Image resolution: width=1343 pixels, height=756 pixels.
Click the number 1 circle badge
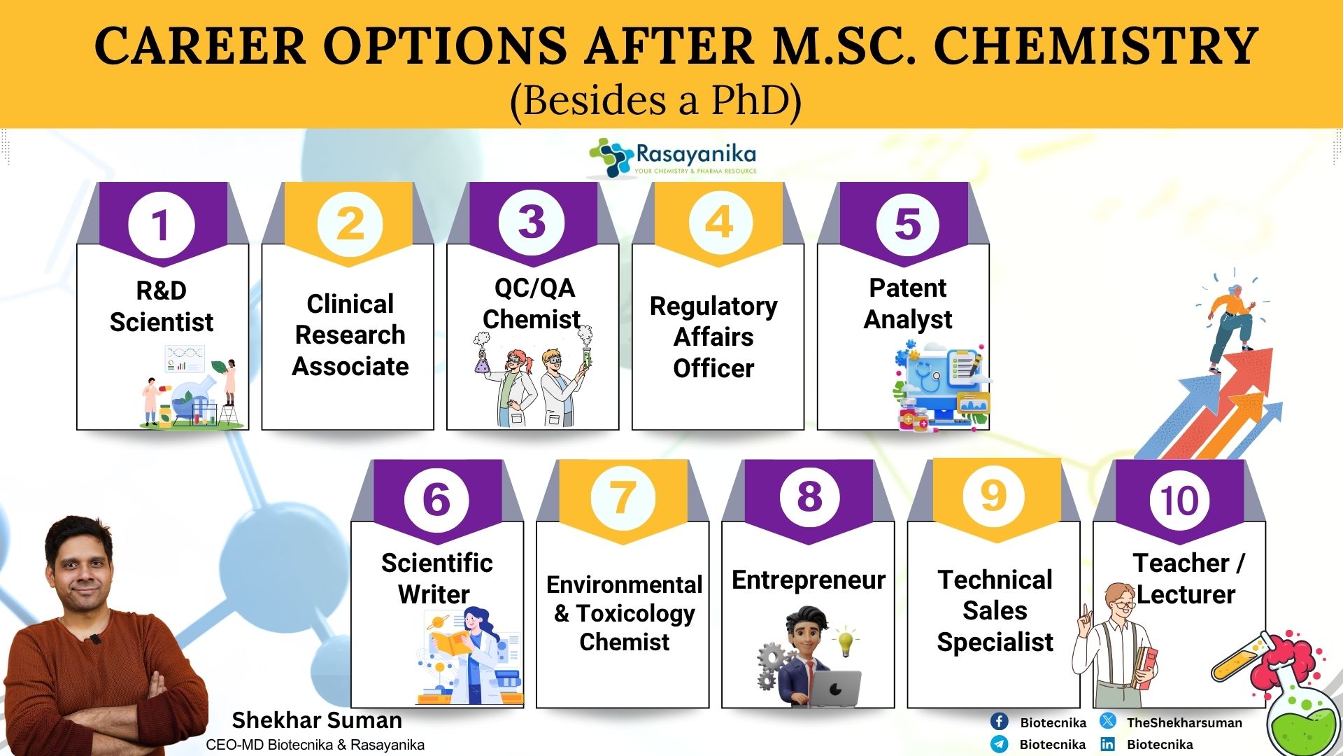tap(161, 225)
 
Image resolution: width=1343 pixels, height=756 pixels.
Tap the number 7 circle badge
tap(623, 498)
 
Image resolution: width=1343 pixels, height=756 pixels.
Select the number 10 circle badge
tap(1179, 500)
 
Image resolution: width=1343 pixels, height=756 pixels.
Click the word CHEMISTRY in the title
tap(1096, 46)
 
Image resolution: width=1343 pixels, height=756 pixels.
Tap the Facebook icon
tap(999, 722)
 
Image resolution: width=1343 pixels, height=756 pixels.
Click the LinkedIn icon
tap(1108, 744)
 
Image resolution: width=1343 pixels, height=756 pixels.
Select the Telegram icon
tap(999, 743)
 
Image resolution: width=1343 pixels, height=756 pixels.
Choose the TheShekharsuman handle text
tap(1184, 722)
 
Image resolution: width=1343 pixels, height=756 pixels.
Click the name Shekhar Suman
tap(317, 720)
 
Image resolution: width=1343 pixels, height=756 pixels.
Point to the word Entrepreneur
tap(809, 580)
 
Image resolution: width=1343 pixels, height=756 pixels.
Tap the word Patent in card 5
tap(907, 288)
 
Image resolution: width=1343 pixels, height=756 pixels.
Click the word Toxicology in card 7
tap(636, 614)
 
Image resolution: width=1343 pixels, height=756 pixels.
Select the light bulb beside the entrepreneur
tap(846, 640)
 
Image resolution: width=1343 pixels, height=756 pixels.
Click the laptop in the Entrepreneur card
tap(834, 689)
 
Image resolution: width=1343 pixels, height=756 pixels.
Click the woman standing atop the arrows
tap(1231, 326)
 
